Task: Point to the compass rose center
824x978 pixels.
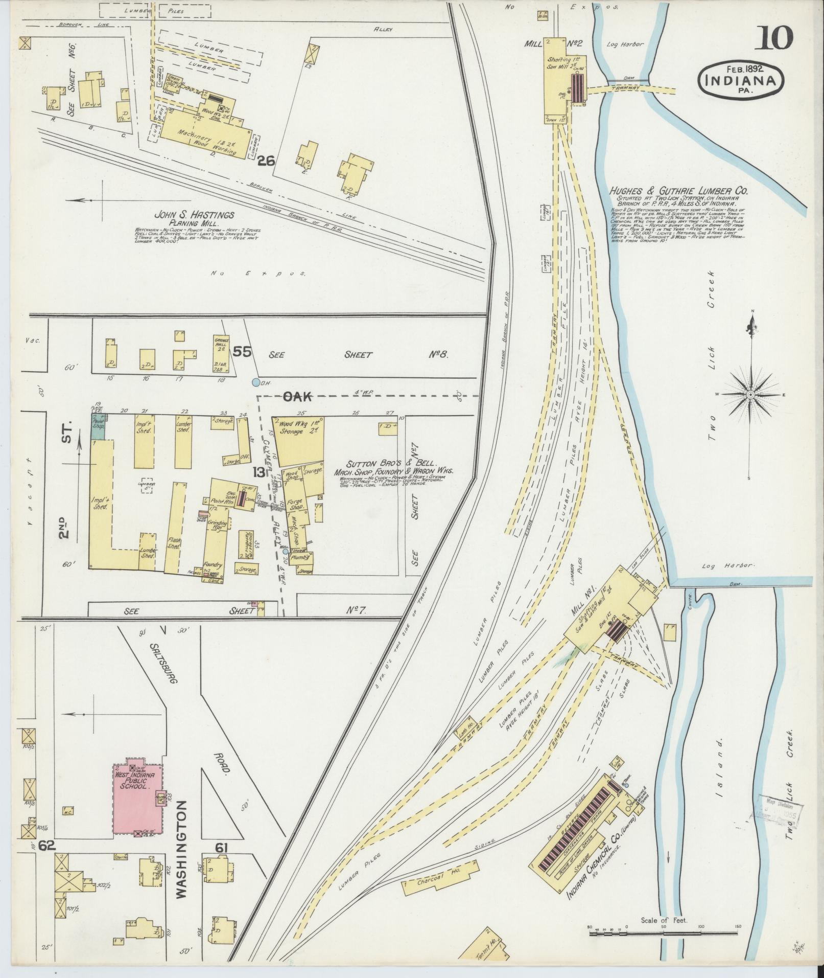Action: tap(750, 395)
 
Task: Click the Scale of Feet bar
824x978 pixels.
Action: tap(665, 932)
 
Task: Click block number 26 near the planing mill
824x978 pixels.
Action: tap(267, 162)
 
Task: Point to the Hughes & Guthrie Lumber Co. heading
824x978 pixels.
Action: tap(678, 191)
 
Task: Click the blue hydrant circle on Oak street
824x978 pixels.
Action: tap(255, 382)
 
